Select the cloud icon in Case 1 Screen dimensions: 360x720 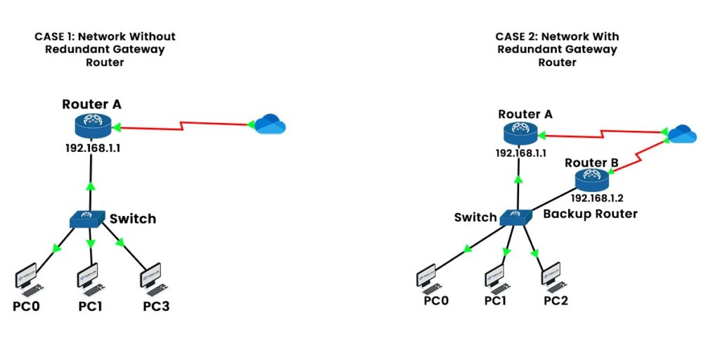270,125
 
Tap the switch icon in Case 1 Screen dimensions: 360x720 88,219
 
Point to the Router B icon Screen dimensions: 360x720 591,180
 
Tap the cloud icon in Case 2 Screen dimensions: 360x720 681,133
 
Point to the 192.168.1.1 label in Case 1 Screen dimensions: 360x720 92,149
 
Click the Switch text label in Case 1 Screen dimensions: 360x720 132,219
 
